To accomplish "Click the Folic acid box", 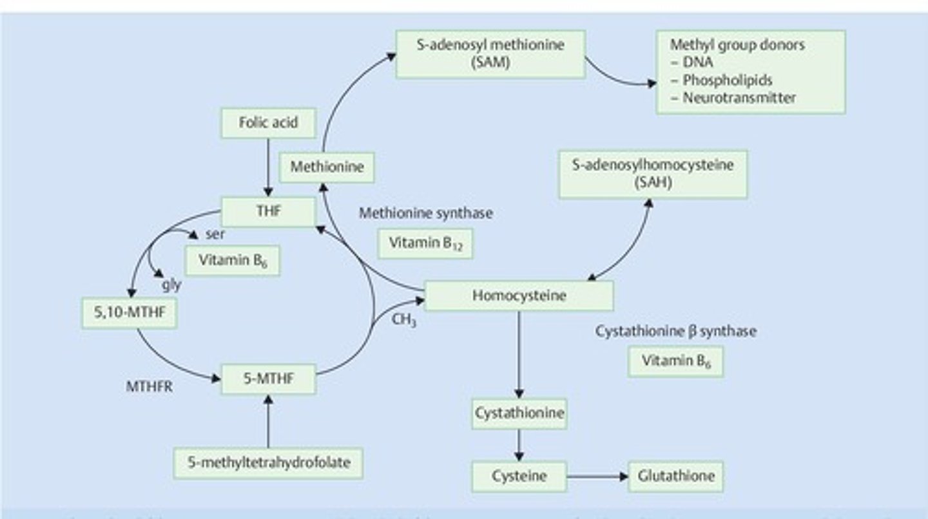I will coord(268,123).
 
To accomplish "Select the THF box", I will coord(268,212).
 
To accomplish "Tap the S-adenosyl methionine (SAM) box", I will coord(490,54).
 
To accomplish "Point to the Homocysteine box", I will coord(519,296).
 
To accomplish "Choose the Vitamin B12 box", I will coord(425,243).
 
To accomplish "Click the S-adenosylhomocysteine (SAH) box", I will coord(653,174).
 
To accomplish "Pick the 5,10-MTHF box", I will coord(130,313).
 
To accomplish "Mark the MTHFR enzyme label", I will coord(149,388).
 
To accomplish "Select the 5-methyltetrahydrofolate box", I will coord(268,463).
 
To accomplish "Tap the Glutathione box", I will coord(675,477).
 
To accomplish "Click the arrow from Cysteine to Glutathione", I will coord(597,477).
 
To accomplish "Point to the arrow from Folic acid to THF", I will coord(268,167).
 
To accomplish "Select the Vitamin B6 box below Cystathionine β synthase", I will coord(675,361).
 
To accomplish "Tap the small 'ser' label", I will coord(215,234).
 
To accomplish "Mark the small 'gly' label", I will coord(171,285).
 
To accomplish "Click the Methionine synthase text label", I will coord(425,213).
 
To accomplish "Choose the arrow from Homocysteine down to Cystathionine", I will coord(519,354).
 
